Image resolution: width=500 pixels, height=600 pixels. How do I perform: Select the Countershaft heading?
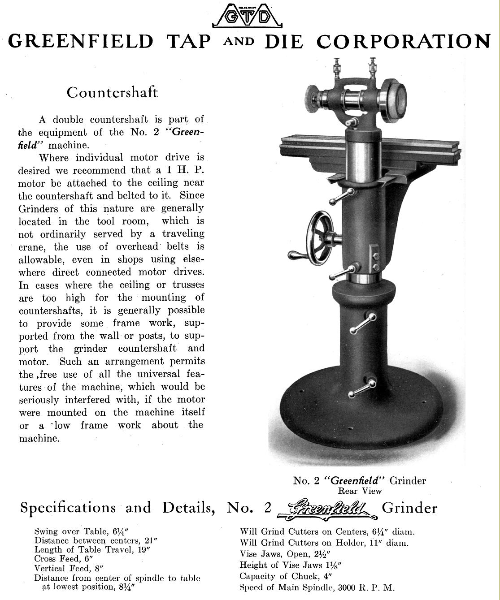pyautogui.click(x=112, y=93)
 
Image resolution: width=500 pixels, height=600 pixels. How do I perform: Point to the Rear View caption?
pyautogui.click(x=360, y=491)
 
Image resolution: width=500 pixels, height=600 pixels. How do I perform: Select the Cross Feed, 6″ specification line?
pyautogui.click(x=63, y=559)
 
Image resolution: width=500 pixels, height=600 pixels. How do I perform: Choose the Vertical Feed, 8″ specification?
pyautogui.click(x=68, y=569)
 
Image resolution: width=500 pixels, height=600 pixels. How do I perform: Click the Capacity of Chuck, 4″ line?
pyautogui.click(x=285, y=576)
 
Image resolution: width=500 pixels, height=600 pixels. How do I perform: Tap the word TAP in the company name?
pyautogui.click(x=188, y=42)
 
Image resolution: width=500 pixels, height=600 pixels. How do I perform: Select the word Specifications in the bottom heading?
pyautogui.click(x=68, y=508)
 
